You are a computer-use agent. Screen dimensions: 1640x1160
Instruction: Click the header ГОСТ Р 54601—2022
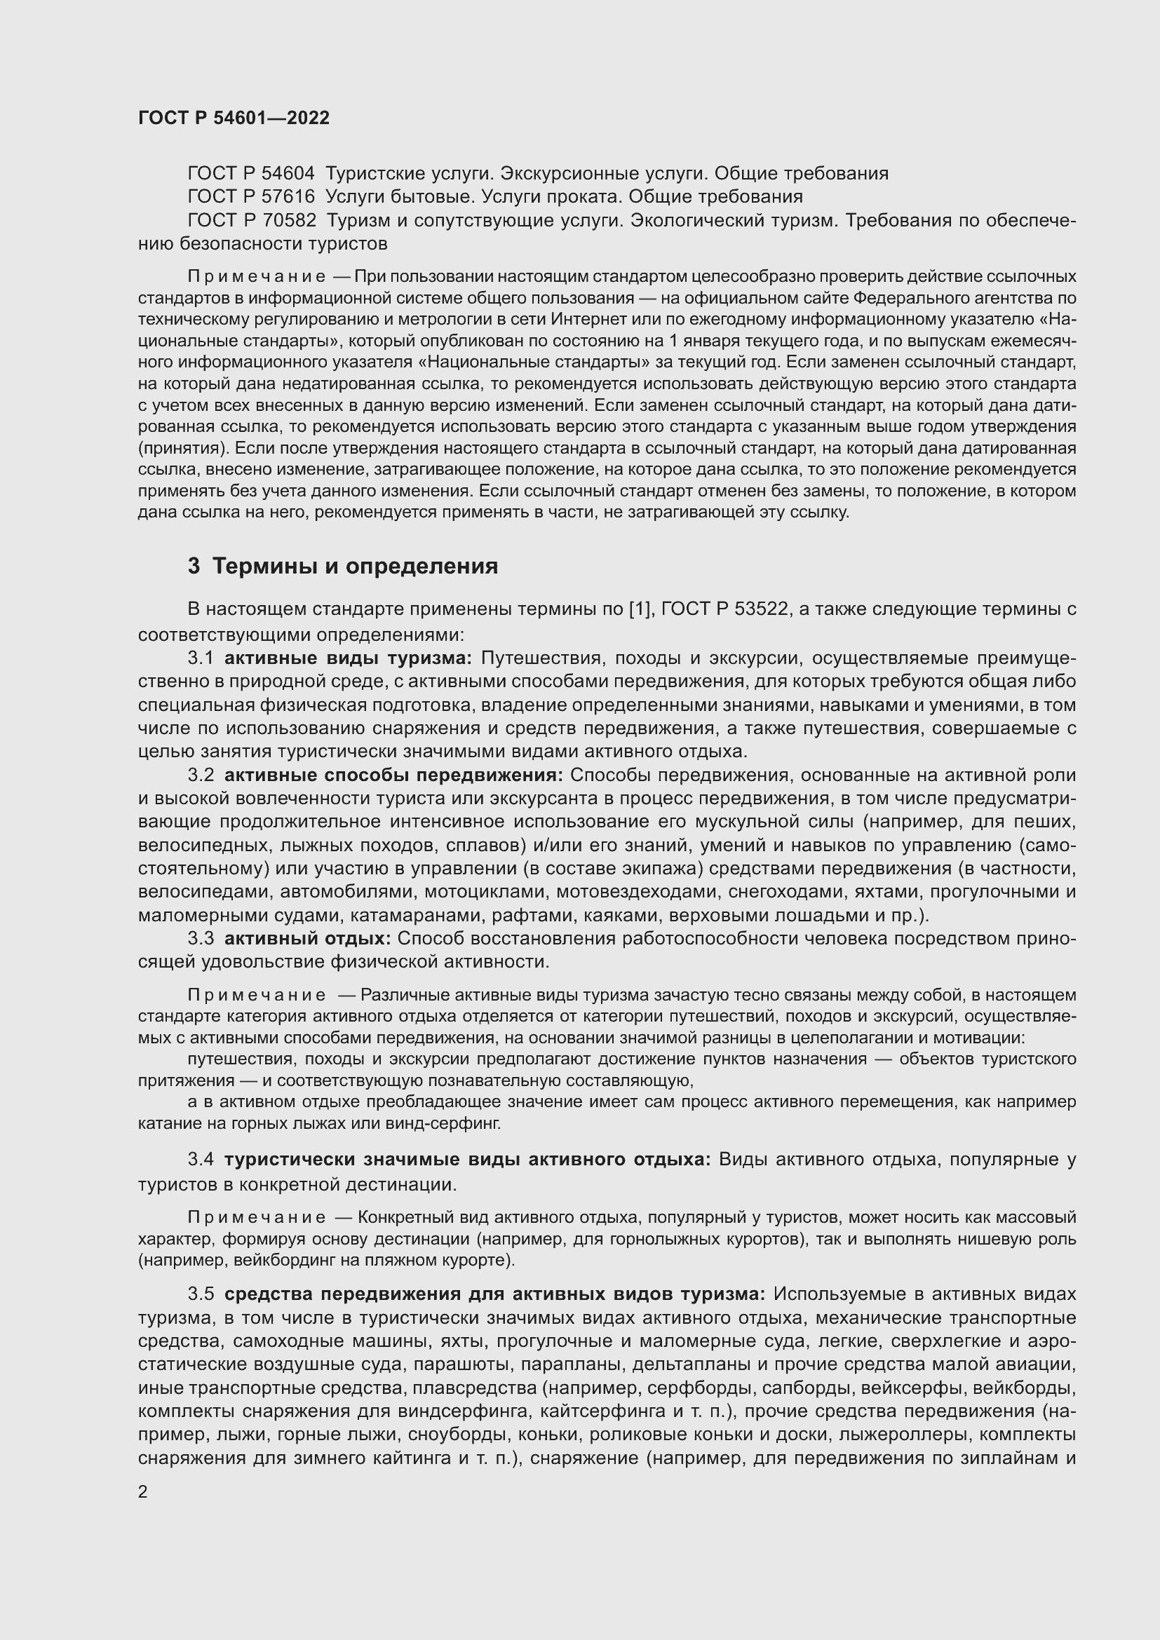(x=234, y=118)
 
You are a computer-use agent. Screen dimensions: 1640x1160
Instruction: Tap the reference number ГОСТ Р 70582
(x=252, y=221)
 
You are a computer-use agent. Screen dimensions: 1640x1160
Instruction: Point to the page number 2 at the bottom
(x=143, y=1491)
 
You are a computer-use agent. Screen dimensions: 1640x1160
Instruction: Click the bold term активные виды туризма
(x=348, y=658)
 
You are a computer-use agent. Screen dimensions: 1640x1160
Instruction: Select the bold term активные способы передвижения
(x=393, y=775)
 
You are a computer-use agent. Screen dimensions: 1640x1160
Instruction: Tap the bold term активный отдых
(x=307, y=939)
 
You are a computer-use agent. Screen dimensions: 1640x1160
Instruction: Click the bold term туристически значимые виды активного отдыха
(x=467, y=1160)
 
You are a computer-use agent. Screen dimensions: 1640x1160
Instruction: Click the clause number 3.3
(x=201, y=939)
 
